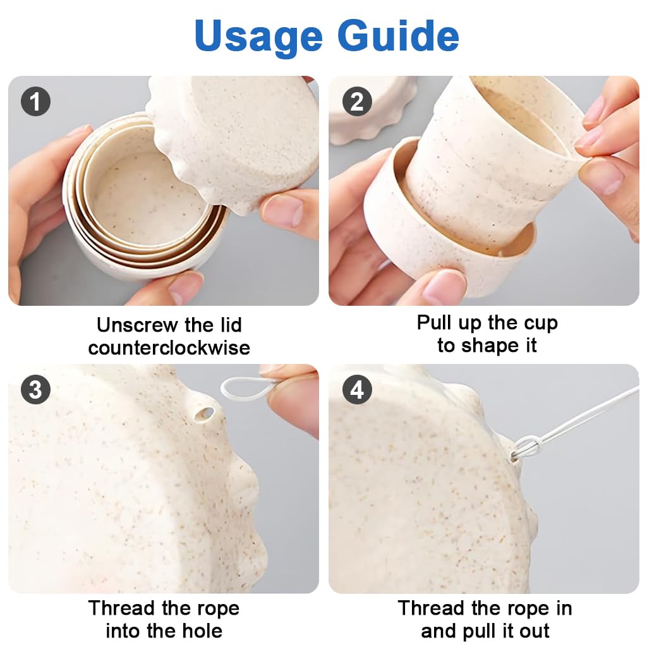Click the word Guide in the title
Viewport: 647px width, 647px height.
point(398,35)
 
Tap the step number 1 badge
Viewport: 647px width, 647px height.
point(35,102)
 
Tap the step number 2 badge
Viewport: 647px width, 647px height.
point(358,102)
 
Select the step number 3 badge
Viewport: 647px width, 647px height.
point(35,389)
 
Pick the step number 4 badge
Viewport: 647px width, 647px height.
point(358,389)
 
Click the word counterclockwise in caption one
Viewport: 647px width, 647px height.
point(169,348)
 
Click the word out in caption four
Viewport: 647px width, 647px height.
point(535,631)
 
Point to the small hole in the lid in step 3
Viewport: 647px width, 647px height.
point(205,413)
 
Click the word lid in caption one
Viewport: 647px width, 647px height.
point(231,325)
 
